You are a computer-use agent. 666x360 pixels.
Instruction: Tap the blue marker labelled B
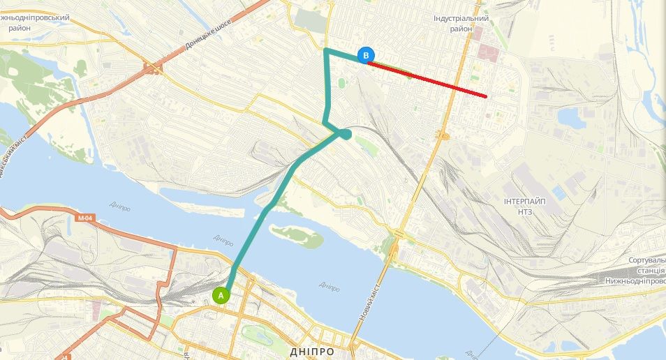(366, 55)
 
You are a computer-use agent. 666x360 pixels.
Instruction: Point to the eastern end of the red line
(486, 95)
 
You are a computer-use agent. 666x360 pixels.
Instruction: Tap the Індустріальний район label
(460, 23)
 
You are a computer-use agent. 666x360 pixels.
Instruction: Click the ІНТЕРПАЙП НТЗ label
(525, 205)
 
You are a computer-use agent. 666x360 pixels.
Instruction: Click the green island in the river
(297, 236)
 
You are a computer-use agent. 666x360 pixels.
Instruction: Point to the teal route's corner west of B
(326, 50)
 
